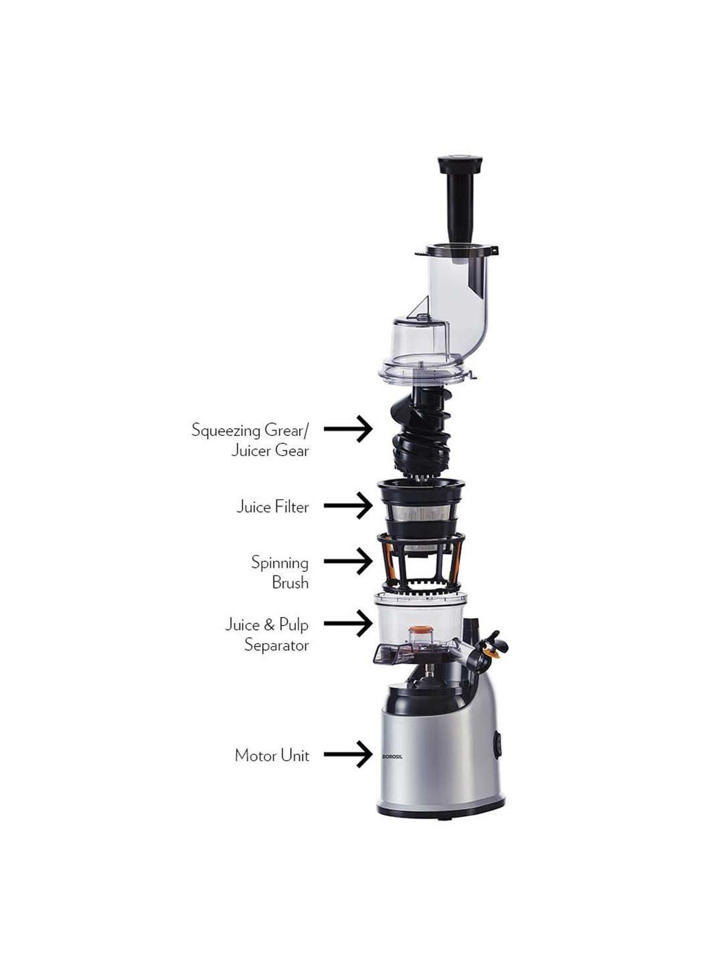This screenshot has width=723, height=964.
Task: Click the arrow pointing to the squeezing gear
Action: pos(348,428)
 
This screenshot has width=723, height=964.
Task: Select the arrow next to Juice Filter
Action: pos(348,506)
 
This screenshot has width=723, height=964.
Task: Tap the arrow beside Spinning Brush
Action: pos(348,561)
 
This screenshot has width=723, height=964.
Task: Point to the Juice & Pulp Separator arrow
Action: pos(348,623)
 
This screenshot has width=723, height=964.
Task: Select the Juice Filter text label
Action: pos(272,507)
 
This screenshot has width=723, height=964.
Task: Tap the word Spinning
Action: pos(280,563)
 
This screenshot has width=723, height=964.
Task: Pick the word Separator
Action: pos(276,645)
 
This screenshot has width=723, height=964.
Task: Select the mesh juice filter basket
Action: pos(420,509)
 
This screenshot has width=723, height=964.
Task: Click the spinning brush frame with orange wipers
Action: pos(420,562)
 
